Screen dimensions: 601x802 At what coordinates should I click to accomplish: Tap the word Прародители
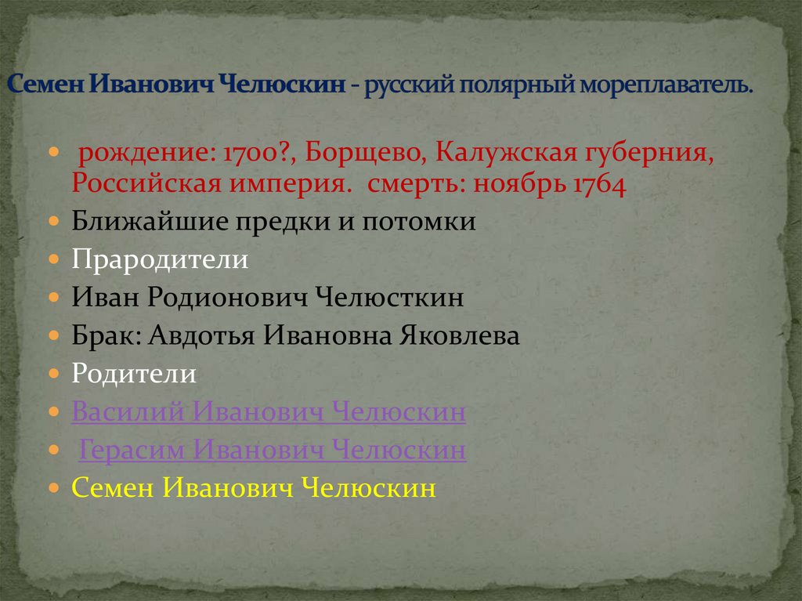click(160, 259)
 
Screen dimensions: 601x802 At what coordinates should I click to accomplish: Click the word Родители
click(134, 374)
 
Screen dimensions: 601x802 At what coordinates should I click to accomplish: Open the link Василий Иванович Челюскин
click(269, 412)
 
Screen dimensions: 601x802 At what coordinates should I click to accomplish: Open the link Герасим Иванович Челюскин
click(273, 451)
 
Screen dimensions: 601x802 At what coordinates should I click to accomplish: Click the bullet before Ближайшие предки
click(52, 222)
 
